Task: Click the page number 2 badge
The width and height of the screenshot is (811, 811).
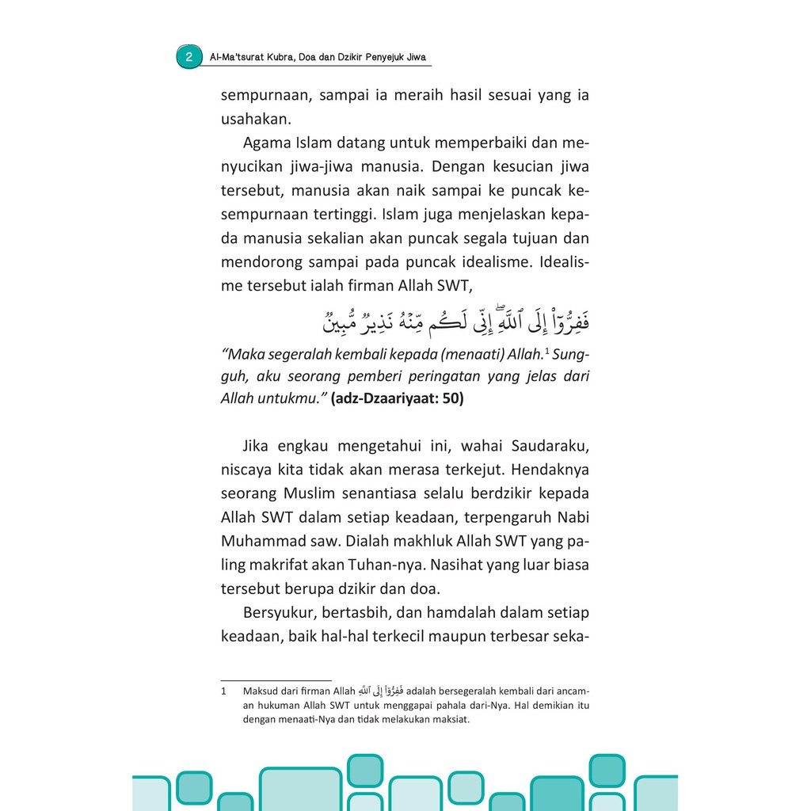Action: click(x=189, y=57)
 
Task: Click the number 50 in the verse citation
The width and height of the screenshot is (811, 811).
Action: click(x=451, y=398)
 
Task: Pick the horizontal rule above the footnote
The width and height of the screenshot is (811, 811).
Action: click(x=276, y=680)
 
